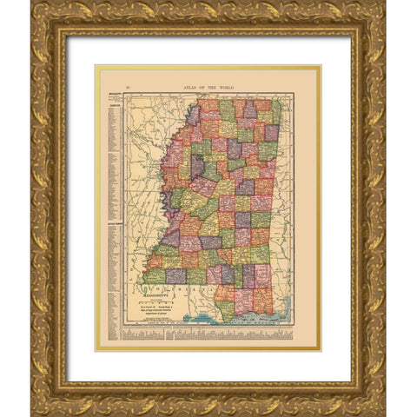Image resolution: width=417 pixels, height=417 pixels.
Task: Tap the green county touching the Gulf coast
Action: coord(225,308)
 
